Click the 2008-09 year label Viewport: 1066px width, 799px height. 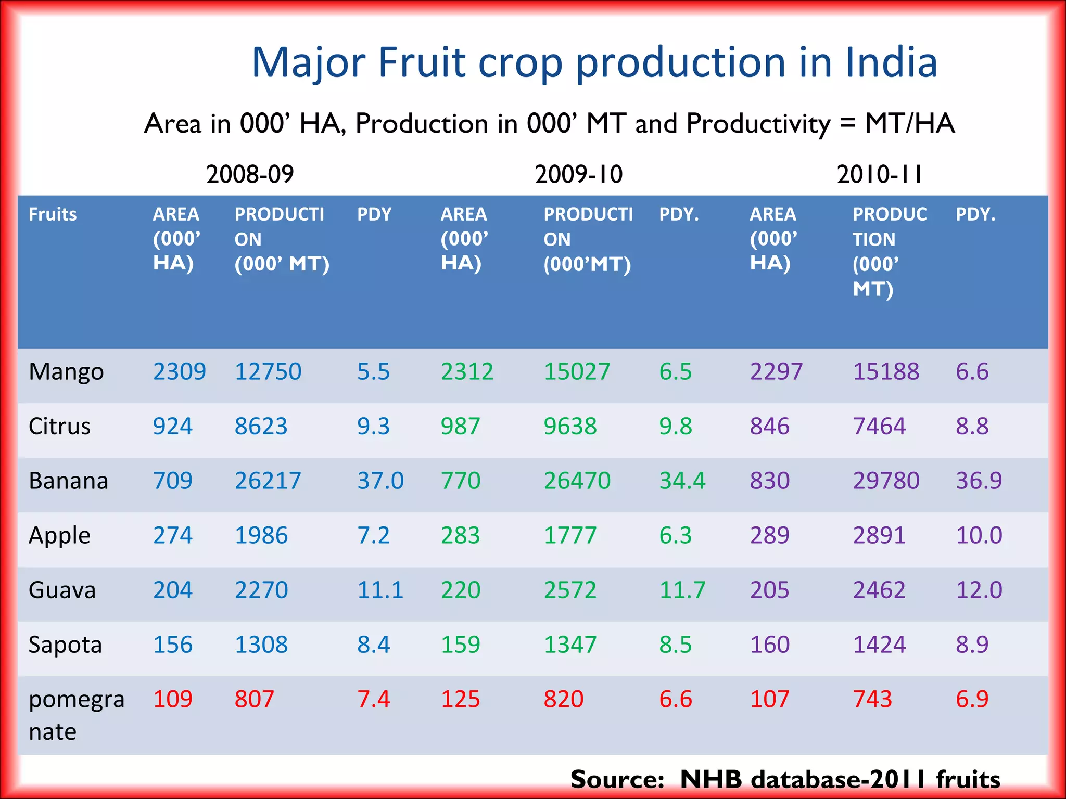(x=250, y=174)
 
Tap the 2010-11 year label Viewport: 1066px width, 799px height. (x=879, y=174)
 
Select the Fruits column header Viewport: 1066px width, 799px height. (x=53, y=214)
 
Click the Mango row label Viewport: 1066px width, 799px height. (x=66, y=372)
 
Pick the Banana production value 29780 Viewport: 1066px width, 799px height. (x=886, y=481)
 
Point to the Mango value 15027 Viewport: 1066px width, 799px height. (x=577, y=372)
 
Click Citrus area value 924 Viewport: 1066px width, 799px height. (x=172, y=427)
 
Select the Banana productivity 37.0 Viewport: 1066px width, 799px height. (x=380, y=481)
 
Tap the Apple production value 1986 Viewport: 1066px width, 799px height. (x=261, y=535)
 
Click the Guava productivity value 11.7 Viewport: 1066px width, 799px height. (x=682, y=590)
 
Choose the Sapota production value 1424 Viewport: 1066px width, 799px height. (x=879, y=645)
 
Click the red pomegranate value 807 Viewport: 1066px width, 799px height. (x=254, y=699)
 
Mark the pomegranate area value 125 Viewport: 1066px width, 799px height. (x=460, y=699)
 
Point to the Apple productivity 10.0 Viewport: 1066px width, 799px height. (x=979, y=535)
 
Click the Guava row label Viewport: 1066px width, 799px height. (x=62, y=590)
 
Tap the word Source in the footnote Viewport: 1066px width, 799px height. (x=617, y=779)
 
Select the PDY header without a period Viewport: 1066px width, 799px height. (x=374, y=214)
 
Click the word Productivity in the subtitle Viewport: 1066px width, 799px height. (x=758, y=124)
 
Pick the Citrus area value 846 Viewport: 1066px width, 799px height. (x=769, y=427)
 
